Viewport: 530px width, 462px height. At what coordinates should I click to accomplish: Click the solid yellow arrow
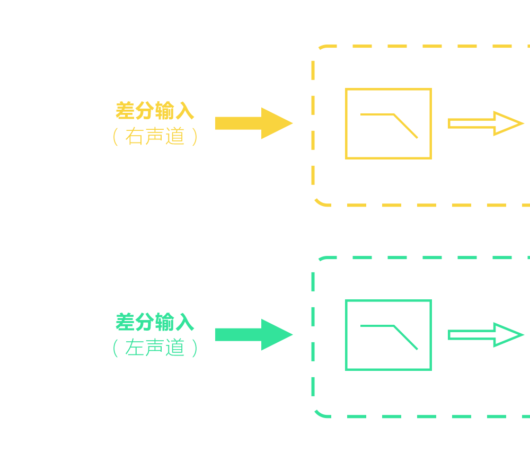[x=249, y=123]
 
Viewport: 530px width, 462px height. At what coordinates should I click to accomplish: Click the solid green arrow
[x=249, y=335]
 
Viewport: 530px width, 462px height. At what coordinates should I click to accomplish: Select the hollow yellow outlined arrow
[x=485, y=123]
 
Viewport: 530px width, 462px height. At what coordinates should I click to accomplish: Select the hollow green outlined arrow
[x=485, y=335]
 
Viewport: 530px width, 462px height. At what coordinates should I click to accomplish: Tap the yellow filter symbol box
[x=388, y=123]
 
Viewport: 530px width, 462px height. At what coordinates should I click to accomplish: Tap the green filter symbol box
[x=388, y=335]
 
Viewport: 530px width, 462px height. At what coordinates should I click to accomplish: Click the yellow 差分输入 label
[x=155, y=111]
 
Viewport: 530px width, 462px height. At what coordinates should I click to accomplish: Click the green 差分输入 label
[x=155, y=322]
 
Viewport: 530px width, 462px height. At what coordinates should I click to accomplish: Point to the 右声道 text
[x=155, y=137]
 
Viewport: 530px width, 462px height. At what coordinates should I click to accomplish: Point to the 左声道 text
[x=155, y=348]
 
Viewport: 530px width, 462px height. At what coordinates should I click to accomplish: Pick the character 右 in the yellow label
[x=135, y=137]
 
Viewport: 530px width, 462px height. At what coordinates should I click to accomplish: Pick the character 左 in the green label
[x=135, y=348]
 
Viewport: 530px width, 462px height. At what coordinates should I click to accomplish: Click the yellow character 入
[x=184, y=111]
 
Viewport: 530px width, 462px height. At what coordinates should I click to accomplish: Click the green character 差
[x=125, y=322]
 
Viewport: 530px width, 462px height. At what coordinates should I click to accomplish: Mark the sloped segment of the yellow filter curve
[x=405, y=126]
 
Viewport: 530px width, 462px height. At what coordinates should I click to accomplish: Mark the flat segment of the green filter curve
[x=377, y=326]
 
